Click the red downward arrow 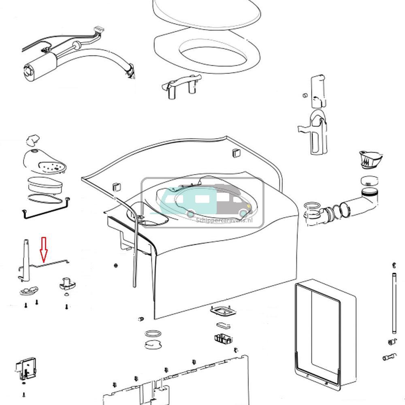coord(43,249)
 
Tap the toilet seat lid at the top coord(207,14)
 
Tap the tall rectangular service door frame coord(324,332)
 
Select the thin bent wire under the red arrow coord(53,264)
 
